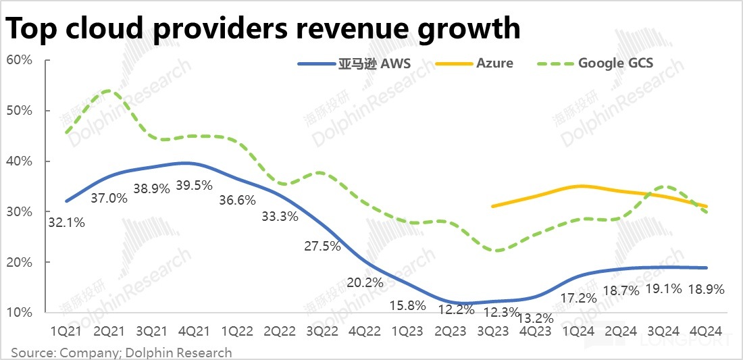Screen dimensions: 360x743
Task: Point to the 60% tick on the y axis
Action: (x=20, y=60)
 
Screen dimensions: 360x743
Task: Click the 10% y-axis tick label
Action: (x=20, y=313)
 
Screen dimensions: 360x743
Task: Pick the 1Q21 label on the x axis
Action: (x=66, y=332)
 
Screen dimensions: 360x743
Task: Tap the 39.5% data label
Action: (x=194, y=185)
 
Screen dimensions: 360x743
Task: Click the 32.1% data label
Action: (x=66, y=221)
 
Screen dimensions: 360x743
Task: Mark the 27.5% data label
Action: (x=322, y=246)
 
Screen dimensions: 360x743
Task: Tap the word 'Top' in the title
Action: (x=32, y=28)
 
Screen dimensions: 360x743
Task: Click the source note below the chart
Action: (x=121, y=353)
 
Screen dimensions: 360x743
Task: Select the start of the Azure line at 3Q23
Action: (x=493, y=206)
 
